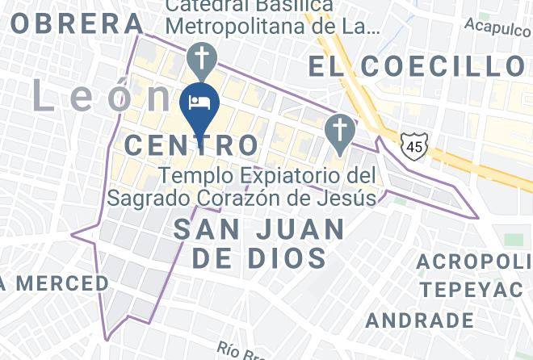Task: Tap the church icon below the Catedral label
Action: (x=199, y=59)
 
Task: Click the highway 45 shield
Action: (x=413, y=146)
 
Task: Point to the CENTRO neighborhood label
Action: (x=193, y=146)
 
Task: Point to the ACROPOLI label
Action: (x=474, y=262)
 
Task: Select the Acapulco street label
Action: (x=498, y=26)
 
